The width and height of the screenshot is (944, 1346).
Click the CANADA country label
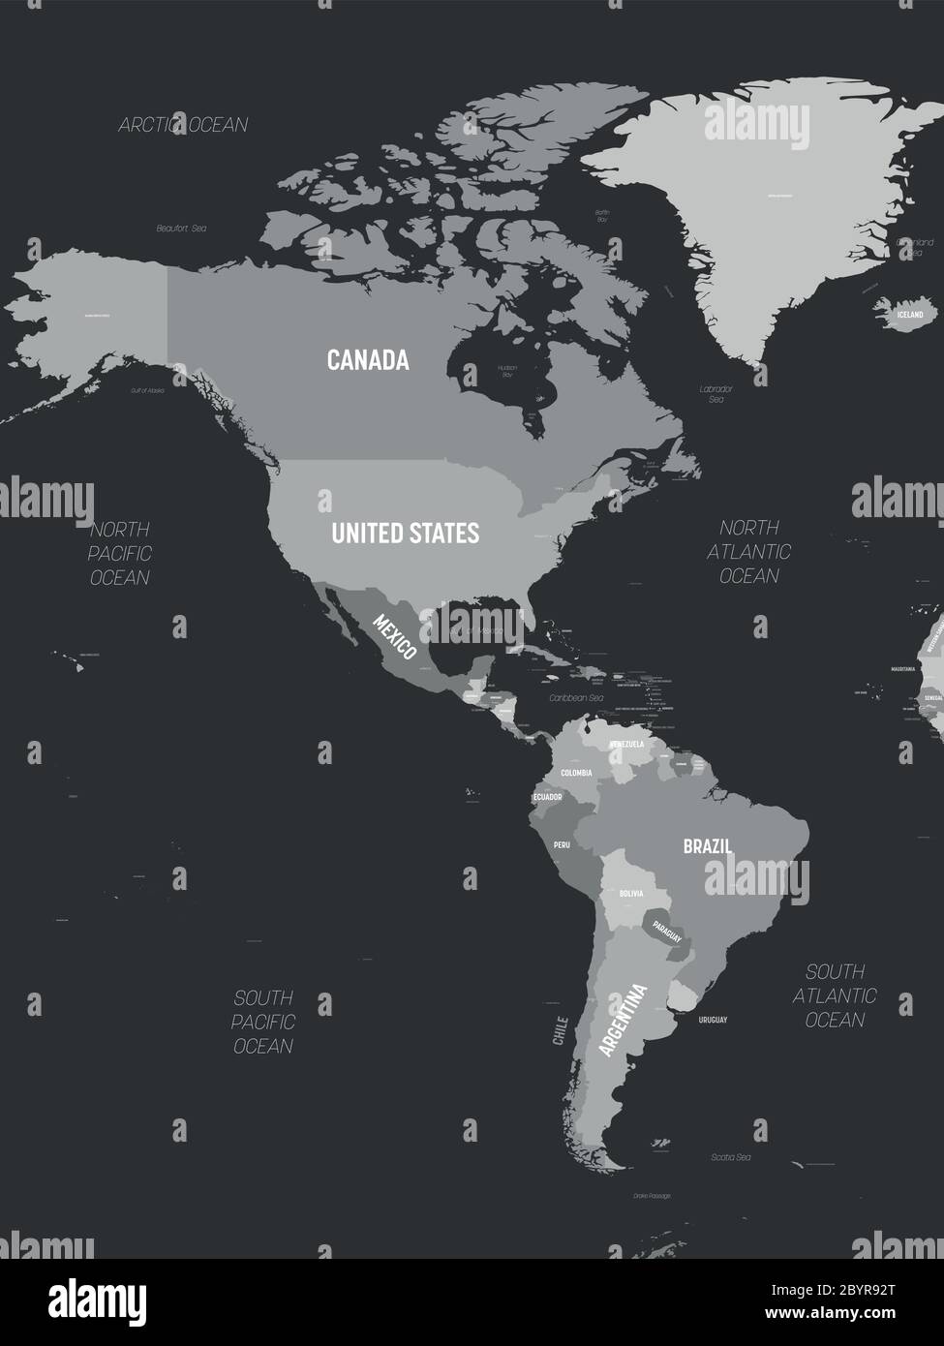click(x=368, y=360)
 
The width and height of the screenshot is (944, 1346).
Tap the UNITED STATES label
click(x=405, y=533)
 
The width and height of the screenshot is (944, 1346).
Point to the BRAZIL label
click(x=707, y=845)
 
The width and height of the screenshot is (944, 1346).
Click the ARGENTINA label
click(x=623, y=1020)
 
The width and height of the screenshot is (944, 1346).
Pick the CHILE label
click(x=559, y=1030)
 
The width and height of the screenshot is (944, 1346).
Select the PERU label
click(x=562, y=844)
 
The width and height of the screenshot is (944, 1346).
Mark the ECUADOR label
click(x=547, y=797)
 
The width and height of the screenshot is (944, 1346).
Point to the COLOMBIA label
click(x=576, y=773)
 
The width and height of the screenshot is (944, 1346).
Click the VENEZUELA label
click(x=626, y=744)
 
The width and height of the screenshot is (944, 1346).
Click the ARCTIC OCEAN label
click(x=183, y=124)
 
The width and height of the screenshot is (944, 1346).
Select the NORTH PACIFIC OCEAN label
click(x=120, y=553)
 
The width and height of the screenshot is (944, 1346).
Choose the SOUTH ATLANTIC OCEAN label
click(x=835, y=994)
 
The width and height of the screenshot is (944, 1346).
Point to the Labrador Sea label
click(x=716, y=393)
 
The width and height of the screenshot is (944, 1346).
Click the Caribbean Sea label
click(x=576, y=697)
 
